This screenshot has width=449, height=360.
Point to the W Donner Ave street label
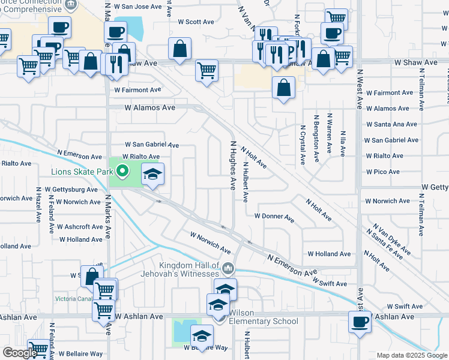point(274,216)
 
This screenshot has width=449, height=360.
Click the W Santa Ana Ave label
point(394,124)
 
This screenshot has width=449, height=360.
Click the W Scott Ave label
point(196,22)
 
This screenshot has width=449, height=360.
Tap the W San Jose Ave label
point(142,7)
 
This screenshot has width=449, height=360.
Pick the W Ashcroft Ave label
point(80,227)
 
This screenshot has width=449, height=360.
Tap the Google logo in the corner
point(19,353)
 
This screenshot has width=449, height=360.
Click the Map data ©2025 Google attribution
point(412,355)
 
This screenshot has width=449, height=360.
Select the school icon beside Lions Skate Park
point(153,175)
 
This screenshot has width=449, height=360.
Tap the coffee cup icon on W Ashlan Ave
point(360,322)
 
